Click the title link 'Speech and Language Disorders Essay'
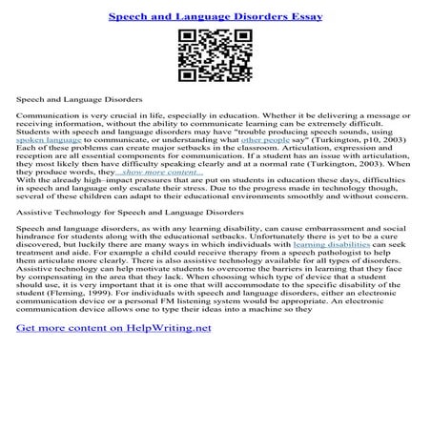pyautogui.click(x=215, y=16)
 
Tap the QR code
pyautogui.click(x=215, y=56)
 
